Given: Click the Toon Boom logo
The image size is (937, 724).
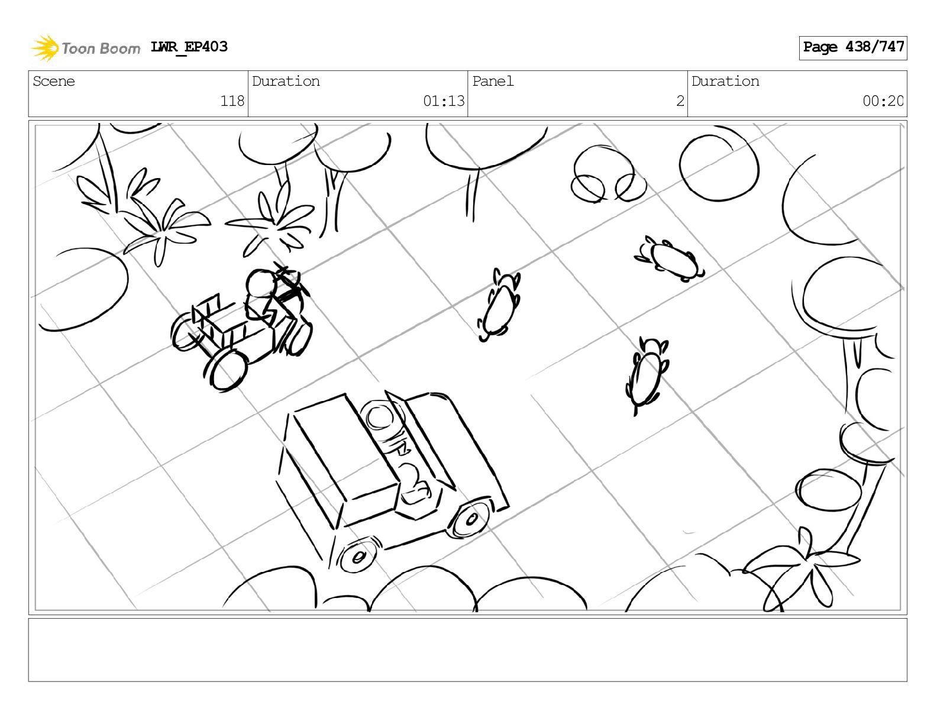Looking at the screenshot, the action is point(85,48).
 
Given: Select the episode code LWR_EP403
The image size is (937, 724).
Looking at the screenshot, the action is point(189,47).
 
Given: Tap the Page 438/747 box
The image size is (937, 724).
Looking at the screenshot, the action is point(852,48).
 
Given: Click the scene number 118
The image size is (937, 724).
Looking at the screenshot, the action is point(232,101).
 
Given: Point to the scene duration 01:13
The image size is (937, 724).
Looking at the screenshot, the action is point(444,101).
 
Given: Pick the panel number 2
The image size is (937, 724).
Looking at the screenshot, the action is point(680,101).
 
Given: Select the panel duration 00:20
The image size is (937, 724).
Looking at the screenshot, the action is point(883,101).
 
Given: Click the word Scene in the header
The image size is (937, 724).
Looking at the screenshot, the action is point(54,81).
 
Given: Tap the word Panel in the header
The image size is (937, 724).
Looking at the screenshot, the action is point(493,81).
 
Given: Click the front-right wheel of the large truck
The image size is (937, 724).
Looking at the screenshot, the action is point(471,519).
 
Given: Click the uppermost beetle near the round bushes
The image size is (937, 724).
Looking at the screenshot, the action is point(670,258).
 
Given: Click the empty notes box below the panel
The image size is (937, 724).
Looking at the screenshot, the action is point(467,650).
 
